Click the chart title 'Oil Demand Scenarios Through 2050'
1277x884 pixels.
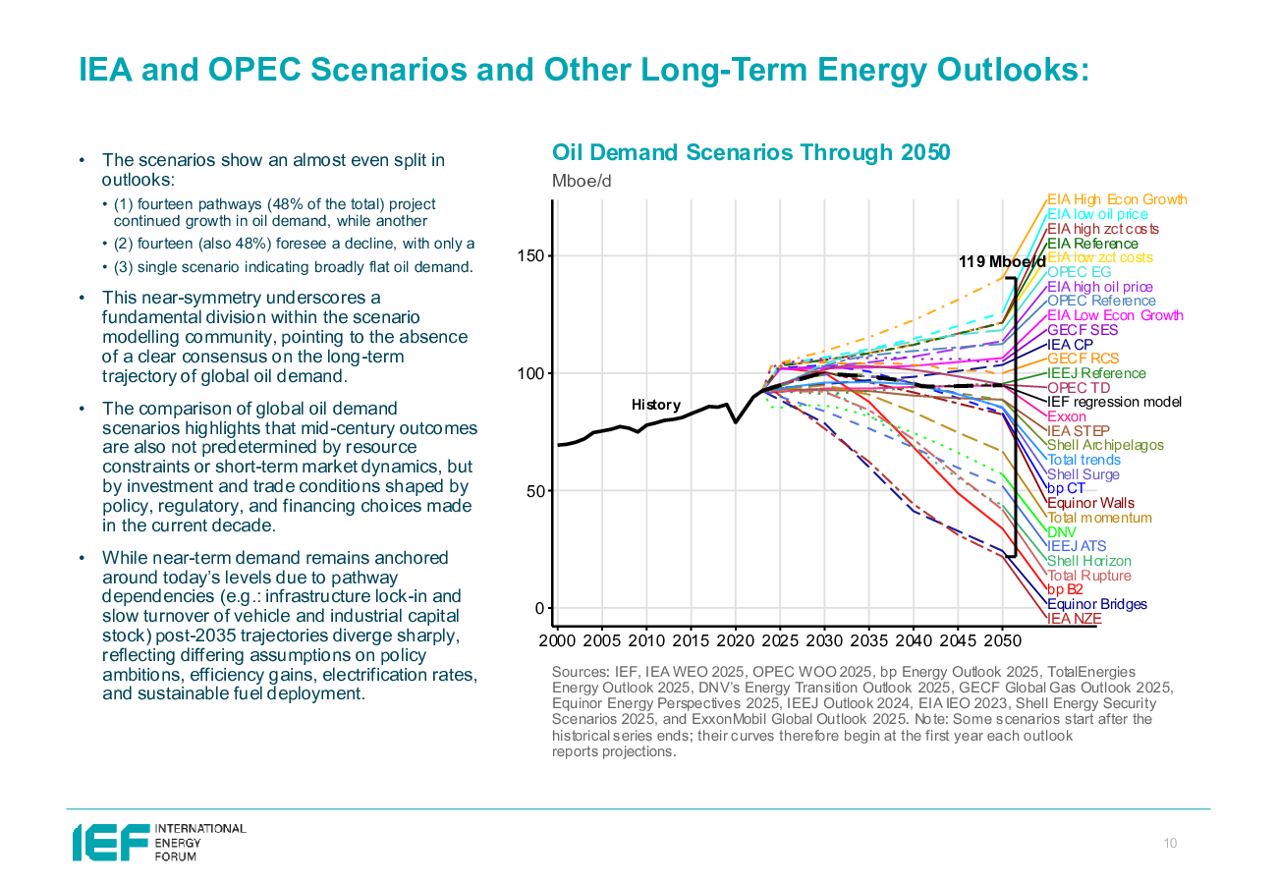coord(750,152)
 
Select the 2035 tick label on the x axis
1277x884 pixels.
coord(868,641)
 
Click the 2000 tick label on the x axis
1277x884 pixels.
coord(557,641)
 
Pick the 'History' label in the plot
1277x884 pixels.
coord(655,405)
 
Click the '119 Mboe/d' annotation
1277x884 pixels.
coord(1002,262)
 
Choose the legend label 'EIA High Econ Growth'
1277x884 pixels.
coord(1116,199)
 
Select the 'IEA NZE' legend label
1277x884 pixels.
coord(1074,619)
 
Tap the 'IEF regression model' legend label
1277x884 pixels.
coord(1114,402)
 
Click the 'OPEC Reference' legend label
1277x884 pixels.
coord(1101,301)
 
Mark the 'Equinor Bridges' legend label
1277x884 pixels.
coord(1096,604)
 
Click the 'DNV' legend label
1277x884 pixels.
coord(1062,531)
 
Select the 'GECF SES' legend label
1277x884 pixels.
coord(1082,330)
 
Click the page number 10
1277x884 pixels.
coord(1170,844)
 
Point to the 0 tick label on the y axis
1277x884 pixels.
coord(538,608)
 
